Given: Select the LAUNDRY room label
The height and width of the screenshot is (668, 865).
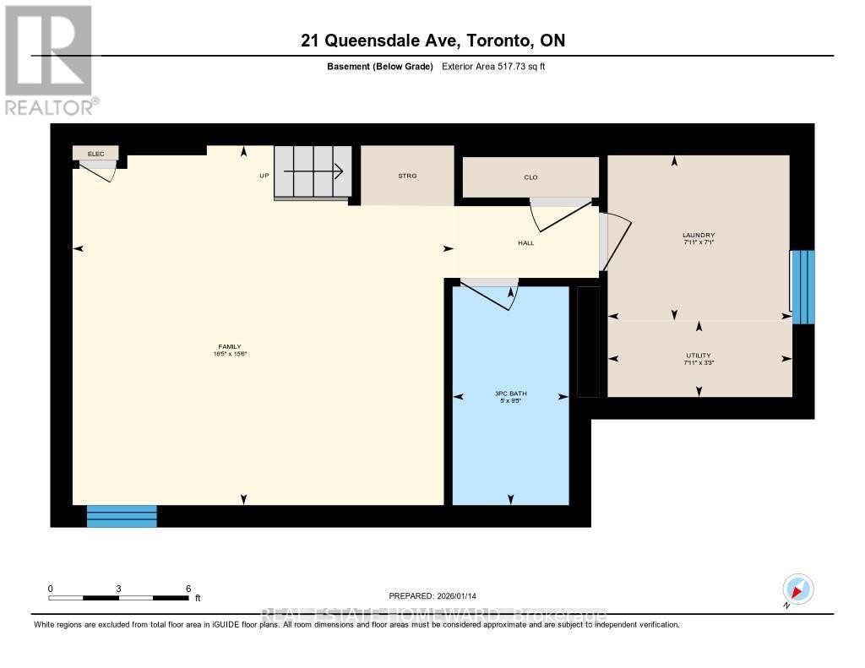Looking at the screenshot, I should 699,236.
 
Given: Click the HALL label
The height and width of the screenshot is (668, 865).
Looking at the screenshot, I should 526,243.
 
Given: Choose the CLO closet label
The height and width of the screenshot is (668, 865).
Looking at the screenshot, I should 530,177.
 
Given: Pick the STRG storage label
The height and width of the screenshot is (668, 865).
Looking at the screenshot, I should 408,176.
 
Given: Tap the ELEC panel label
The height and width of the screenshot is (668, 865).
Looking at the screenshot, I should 95,154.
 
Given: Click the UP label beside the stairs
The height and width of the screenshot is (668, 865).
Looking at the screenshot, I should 264,177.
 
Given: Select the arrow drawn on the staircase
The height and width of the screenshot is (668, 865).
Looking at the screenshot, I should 313,172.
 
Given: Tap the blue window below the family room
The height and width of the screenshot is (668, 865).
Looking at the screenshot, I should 122,516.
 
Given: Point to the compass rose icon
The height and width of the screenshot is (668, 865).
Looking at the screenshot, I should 797,588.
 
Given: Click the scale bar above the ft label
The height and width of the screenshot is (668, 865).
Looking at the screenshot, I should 118,598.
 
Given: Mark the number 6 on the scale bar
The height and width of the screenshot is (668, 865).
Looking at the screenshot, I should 188,589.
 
